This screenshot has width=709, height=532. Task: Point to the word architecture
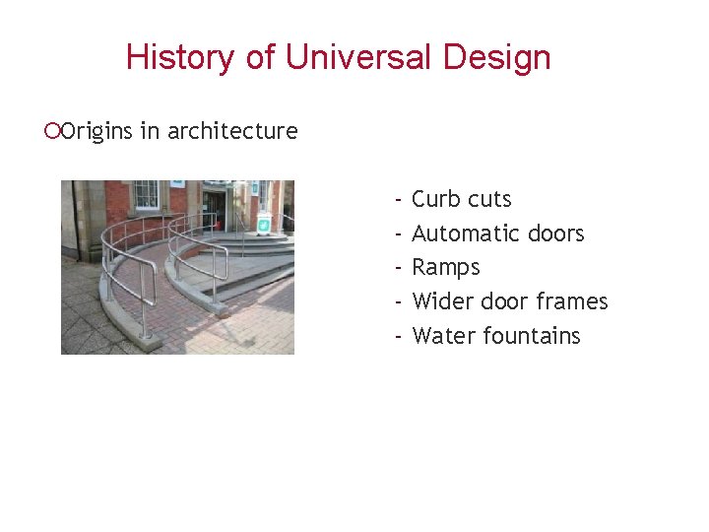(232, 131)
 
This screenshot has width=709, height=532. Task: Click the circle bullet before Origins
(53, 131)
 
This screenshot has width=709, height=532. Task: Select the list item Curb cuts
(462, 199)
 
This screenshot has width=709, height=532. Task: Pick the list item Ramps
(446, 267)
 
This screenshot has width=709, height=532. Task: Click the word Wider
(443, 301)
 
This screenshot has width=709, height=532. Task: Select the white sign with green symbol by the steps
(264, 224)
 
